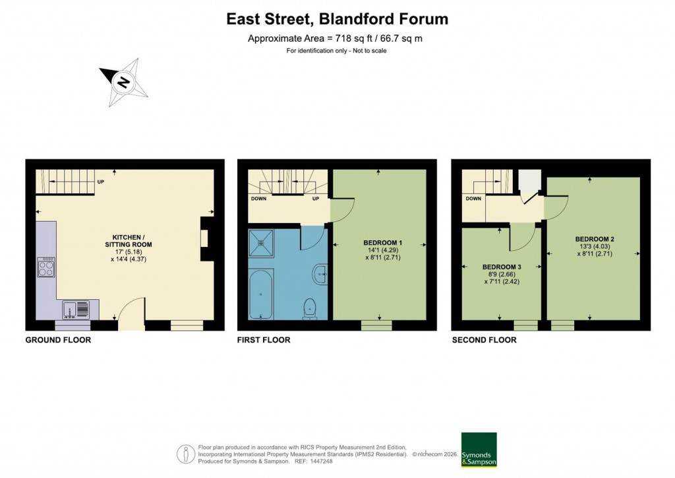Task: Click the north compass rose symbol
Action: pyautogui.click(x=123, y=82)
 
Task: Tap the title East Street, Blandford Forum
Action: pyautogui.click(x=337, y=19)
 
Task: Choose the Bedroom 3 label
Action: pyautogui.click(x=501, y=267)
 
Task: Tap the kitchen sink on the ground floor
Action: pyautogui.click(x=76, y=309)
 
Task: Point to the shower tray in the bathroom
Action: pyautogui.click(x=263, y=242)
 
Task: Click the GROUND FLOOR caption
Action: pyautogui.click(x=58, y=340)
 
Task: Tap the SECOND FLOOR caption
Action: pyautogui.click(x=484, y=340)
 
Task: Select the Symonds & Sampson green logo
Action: pyautogui.click(x=479, y=450)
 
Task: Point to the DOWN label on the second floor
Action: pyautogui.click(x=473, y=198)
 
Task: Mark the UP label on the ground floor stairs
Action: pyautogui.click(x=100, y=182)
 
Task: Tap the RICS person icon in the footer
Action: pyautogui.click(x=186, y=454)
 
